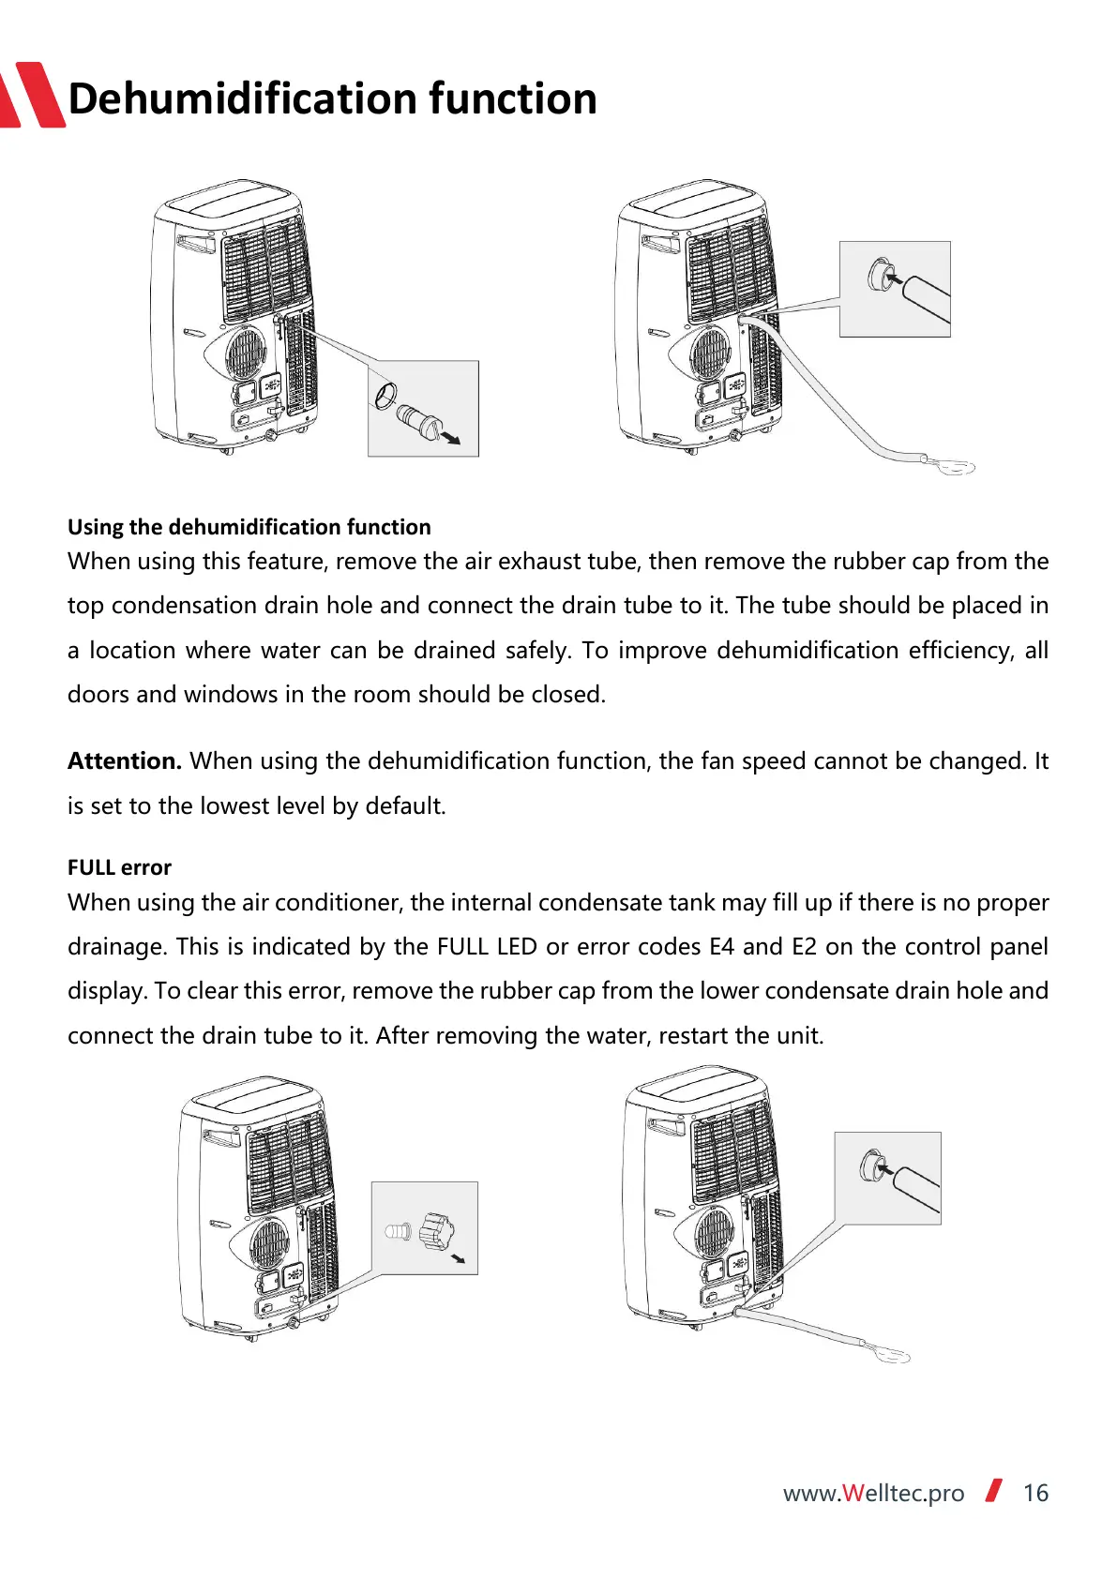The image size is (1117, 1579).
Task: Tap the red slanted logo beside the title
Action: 33,95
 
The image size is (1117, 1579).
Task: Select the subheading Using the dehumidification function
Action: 249,527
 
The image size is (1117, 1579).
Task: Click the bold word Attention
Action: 124,760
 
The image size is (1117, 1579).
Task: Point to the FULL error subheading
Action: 119,867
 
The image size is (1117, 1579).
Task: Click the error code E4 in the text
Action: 721,946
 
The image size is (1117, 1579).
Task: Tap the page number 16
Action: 1034,1493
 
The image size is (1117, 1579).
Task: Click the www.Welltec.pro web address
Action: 873,1493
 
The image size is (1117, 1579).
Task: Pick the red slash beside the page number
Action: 993,1490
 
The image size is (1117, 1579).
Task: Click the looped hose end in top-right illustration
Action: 952,465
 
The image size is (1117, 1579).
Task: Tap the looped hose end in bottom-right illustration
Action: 887,1353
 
